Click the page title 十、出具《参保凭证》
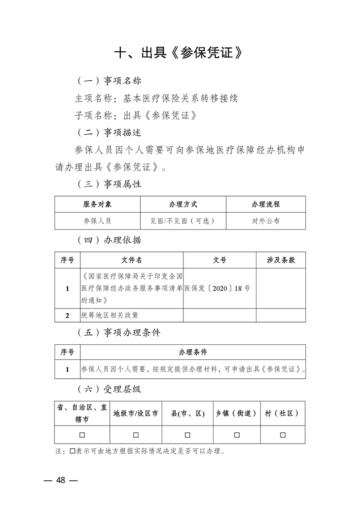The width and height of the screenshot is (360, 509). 180,53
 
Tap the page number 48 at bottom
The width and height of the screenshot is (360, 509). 60,480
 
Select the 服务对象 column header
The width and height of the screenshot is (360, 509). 97,204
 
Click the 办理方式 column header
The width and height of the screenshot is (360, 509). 183,204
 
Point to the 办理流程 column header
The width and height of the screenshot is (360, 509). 266,204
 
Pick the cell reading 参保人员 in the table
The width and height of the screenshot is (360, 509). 97,221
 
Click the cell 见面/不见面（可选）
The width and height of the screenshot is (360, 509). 183,221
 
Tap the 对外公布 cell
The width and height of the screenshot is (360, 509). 266,221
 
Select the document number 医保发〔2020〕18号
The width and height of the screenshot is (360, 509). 218,289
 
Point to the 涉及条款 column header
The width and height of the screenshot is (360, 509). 281,260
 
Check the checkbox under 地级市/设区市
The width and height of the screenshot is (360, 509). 136,435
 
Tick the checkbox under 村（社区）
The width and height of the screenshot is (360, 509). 283,435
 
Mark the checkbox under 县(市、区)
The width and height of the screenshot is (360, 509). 187,435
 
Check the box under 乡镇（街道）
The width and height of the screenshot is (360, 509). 237,435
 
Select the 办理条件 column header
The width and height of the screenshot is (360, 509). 193,352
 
